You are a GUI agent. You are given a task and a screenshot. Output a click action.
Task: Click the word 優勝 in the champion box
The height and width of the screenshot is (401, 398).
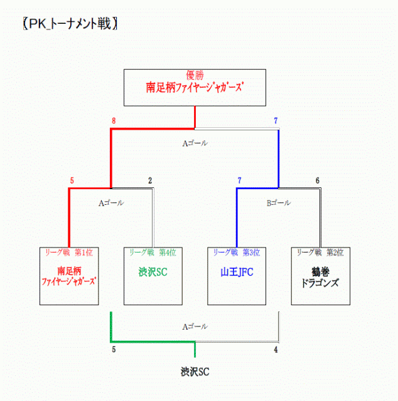click(195, 75)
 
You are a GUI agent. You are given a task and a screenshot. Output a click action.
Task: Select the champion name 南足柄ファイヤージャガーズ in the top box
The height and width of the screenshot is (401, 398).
click(195, 88)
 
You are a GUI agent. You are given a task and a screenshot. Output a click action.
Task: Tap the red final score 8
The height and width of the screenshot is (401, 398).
click(114, 121)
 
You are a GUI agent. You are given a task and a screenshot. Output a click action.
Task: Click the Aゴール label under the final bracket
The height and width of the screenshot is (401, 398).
click(195, 143)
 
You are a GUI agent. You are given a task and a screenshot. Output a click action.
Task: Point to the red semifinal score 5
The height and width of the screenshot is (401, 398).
click(72, 181)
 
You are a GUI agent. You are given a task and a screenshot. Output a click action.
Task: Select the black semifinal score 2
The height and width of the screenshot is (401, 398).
click(150, 181)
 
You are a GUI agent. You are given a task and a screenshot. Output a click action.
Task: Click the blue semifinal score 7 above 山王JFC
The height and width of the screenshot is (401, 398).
click(239, 181)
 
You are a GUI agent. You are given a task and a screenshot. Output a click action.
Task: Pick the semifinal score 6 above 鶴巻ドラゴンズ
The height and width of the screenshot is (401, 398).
click(318, 181)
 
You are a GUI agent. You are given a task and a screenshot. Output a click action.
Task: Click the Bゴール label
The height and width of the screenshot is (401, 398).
click(279, 203)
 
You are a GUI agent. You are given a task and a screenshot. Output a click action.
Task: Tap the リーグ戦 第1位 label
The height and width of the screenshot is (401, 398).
click(69, 253)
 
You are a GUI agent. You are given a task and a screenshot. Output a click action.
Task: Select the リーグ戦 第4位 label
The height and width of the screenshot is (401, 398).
click(153, 253)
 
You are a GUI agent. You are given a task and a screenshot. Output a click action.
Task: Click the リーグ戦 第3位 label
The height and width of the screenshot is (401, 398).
click(237, 253)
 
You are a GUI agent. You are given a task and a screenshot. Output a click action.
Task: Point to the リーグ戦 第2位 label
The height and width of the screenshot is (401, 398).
click(320, 253)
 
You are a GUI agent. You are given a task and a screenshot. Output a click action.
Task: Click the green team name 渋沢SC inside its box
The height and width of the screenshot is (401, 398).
click(153, 273)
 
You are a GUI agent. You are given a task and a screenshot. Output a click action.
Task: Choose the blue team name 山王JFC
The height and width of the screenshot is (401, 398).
click(237, 273)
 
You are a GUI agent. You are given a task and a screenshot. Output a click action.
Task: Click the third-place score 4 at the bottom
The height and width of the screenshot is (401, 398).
click(276, 350)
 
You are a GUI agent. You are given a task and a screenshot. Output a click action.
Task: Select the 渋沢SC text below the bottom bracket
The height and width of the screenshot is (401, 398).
click(195, 372)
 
